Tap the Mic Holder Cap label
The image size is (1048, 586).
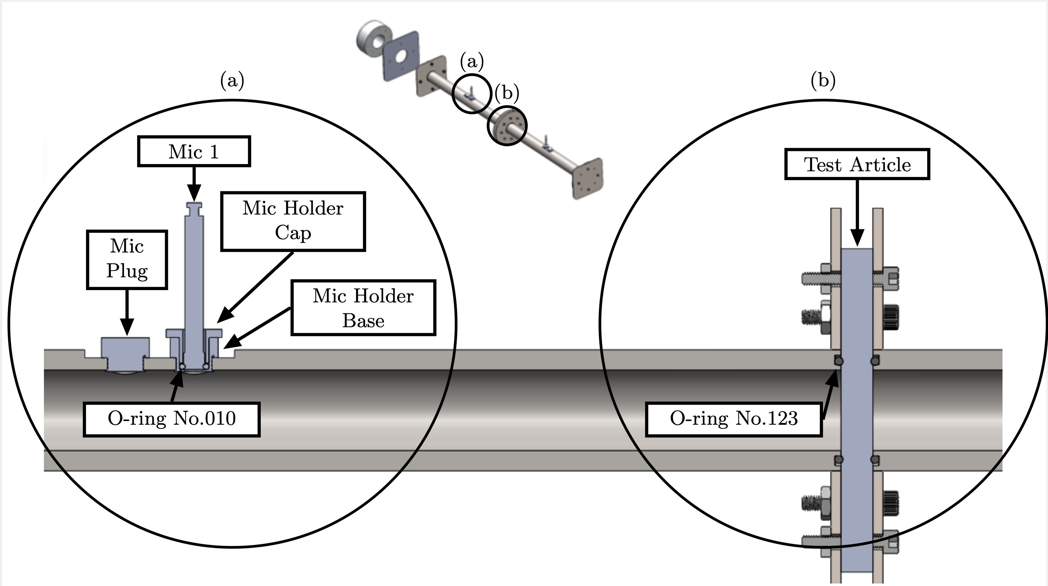(293, 221)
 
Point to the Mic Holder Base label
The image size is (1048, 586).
(363, 308)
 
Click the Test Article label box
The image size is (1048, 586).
(857, 165)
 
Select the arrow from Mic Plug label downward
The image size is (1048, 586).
(127, 311)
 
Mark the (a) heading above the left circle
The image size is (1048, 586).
(232, 81)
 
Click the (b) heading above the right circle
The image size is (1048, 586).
(823, 81)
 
